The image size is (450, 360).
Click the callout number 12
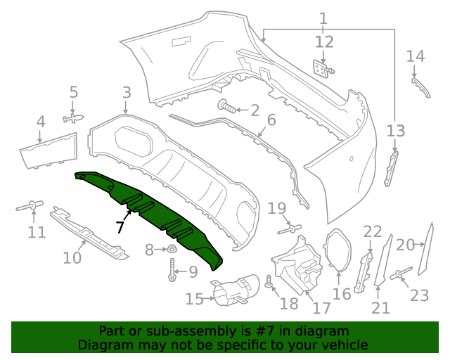[x=324, y=42]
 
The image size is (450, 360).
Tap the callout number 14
[x=416, y=56]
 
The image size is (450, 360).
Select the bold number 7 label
[x=120, y=227]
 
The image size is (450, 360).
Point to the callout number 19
[x=277, y=208]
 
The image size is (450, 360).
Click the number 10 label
[x=72, y=258]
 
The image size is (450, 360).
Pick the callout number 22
[x=373, y=231]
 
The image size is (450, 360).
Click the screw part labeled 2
[x=226, y=108]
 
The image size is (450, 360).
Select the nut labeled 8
[x=170, y=250]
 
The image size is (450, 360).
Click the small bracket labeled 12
[x=322, y=68]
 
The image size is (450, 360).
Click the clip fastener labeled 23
[x=401, y=274]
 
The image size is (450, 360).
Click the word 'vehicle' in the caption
[x=341, y=345]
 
